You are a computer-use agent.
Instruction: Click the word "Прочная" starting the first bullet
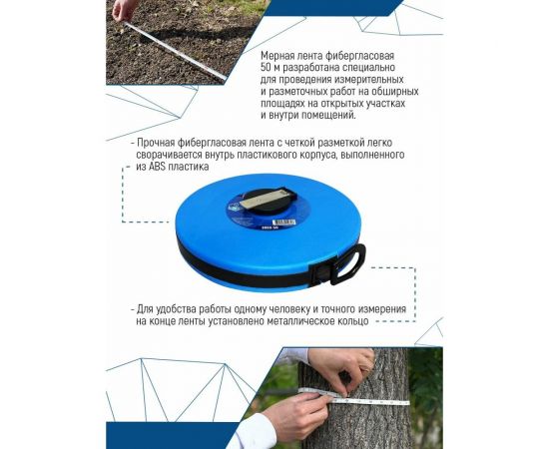coord(159,143)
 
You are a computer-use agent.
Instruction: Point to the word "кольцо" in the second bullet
coord(349,321)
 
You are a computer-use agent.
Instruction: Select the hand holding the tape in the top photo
coord(123,9)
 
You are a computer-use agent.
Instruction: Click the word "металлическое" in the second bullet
coord(289,321)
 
